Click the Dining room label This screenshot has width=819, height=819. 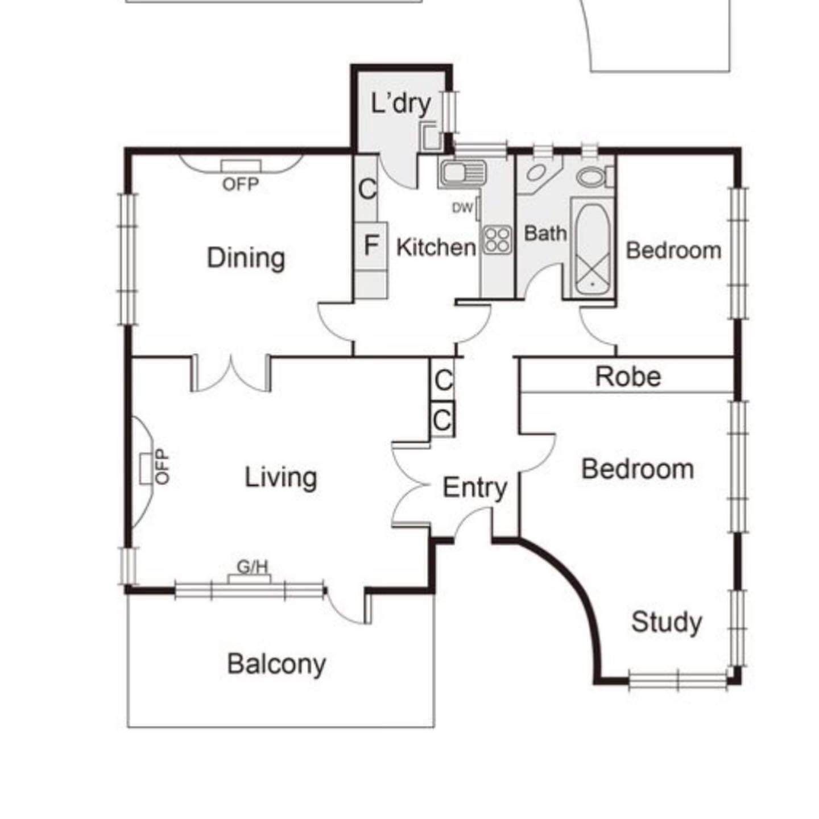(x=246, y=258)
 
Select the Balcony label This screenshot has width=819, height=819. (x=276, y=664)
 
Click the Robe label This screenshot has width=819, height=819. (x=628, y=377)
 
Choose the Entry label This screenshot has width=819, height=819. (x=475, y=489)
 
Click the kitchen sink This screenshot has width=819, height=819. (x=462, y=172)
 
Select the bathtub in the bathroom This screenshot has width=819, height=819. (x=592, y=249)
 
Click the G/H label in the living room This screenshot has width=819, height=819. (x=253, y=566)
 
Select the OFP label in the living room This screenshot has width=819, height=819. (x=162, y=467)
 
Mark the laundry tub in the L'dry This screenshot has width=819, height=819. (x=430, y=136)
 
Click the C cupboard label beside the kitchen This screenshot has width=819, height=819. (x=367, y=189)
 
